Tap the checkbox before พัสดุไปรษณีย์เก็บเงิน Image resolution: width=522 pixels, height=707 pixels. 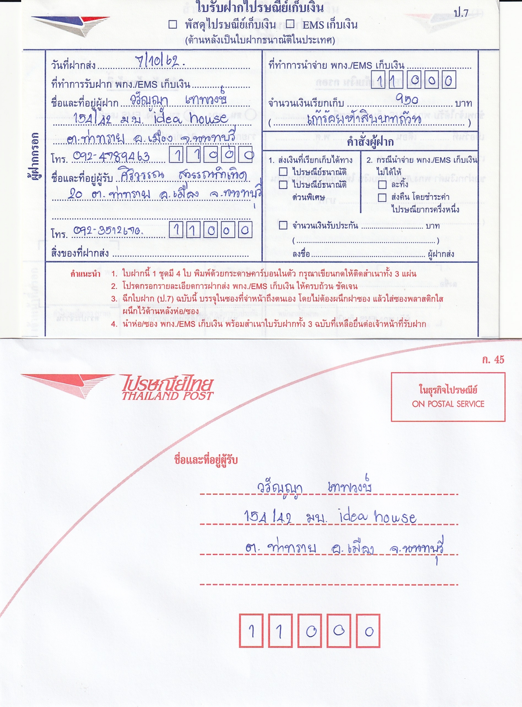[x=173, y=25]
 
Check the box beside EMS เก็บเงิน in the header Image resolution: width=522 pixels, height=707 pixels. [x=290, y=24]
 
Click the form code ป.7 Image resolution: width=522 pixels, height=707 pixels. [x=461, y=13]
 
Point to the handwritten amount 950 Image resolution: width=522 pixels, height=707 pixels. [x=407, y=100]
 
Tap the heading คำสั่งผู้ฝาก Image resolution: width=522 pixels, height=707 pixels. [x=370, y=142]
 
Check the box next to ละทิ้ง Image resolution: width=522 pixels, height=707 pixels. [x=382, y=185]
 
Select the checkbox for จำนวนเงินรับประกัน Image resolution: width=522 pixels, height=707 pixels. [x=283, y=225]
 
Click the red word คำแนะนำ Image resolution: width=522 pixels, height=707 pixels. [x=85, y=274]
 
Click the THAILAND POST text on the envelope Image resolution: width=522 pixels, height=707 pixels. [x=168, y=396]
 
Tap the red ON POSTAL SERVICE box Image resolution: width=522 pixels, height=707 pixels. [x=448, y=397]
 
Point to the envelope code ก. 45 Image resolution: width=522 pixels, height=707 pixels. [x=493, y=360]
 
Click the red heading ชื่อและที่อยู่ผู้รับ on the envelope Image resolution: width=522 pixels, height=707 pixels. [x=206, y=460]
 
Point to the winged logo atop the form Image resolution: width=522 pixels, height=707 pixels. [x=70, y=24]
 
